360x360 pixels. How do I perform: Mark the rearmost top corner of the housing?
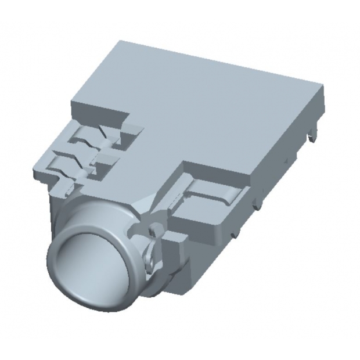point(120,42)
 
